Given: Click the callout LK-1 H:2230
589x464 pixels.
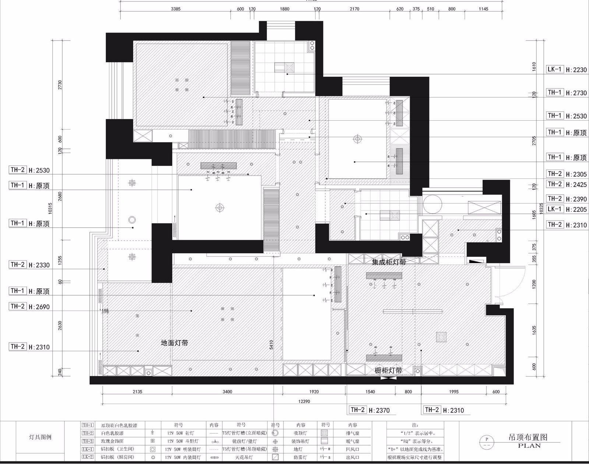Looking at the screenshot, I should point(566,70).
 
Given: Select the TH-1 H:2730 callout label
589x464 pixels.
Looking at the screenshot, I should point(566,93).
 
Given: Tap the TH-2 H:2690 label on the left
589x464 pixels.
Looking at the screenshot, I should point(29,307).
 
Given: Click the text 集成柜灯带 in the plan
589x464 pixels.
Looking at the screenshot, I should point(389,262).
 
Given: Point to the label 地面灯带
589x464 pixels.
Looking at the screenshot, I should point(175,343).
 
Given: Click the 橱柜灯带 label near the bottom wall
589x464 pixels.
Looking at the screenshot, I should point(388,371).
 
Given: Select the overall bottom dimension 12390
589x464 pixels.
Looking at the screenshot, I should point(304,401).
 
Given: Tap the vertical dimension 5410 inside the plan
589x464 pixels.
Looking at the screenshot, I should point(271,344).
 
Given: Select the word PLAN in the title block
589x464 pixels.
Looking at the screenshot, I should point(529,446).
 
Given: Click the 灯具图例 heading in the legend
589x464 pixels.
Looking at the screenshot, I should point(40,438).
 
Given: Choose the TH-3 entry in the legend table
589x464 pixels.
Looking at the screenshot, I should point(88,441).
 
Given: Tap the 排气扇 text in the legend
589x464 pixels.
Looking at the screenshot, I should point(352,433).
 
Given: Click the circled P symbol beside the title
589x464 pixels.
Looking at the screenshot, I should point(487,439).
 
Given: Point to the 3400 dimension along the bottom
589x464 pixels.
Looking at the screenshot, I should point(227,392).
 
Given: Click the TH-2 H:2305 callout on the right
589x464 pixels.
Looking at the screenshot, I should point(566,174).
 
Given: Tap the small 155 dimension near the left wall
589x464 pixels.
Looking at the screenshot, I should point(105,311).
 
